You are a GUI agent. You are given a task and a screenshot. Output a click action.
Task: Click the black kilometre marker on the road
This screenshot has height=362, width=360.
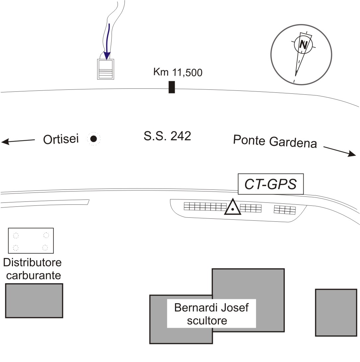[x=171, y=87]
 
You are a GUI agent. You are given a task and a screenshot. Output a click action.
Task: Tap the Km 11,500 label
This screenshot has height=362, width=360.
[x=177, y=72]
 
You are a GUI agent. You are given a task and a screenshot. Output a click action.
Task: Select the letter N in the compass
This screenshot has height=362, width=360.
[x=303, y=45]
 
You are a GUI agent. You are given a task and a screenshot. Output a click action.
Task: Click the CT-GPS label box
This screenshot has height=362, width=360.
[x=270, y=184]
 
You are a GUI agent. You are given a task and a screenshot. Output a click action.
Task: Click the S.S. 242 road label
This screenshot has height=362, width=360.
[x=167, y=136]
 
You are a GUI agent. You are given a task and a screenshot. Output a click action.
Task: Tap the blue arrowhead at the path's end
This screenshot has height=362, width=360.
[x=107, y=55]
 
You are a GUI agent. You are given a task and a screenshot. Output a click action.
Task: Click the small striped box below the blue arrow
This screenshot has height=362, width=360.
[x=106, y=69]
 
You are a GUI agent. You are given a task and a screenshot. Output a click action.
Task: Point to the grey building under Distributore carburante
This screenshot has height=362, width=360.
[x=34, y=301]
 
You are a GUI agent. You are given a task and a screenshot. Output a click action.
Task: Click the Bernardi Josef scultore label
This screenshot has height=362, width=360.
[x=211, y=314]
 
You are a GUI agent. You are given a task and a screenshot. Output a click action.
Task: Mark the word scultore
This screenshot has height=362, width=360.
[x=211, y=321]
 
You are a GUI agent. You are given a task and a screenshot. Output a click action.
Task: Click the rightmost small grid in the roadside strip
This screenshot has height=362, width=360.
[x=285, y=210]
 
